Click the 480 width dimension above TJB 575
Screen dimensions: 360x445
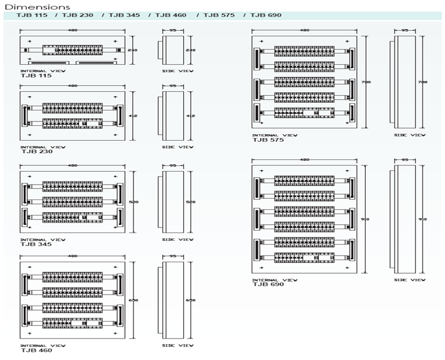304,30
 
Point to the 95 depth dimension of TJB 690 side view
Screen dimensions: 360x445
405,159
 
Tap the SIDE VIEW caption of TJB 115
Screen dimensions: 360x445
178,71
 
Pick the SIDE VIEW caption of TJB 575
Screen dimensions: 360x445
410,135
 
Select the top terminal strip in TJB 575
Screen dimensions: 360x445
304,51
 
